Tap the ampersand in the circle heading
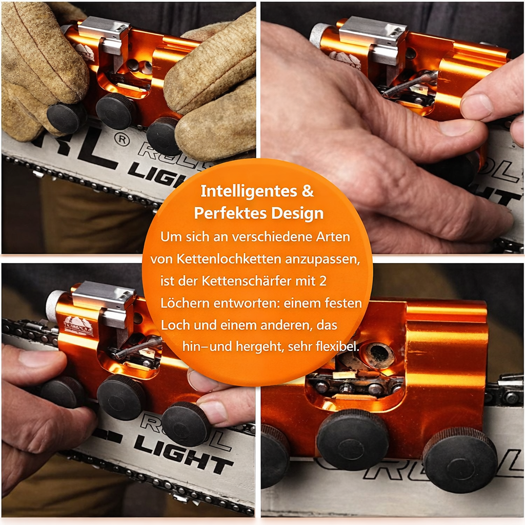tap(307, 191)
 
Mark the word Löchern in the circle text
tap(181, 304)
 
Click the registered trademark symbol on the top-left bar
tap(121, 140)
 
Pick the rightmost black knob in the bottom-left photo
tap(186, 423)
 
